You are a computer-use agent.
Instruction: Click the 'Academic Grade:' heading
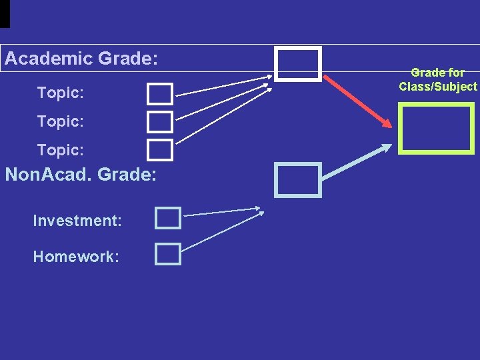(x=81, y=59)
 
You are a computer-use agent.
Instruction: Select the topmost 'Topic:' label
(x=61, y=93)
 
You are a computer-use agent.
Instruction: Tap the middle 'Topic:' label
(x=61, y=122)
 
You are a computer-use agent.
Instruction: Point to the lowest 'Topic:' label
(x=61, y=150)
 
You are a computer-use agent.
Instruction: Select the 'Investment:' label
(x=77, y=221)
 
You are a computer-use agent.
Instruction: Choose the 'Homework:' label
(x=76, y=257)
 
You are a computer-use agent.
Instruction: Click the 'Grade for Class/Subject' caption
(x=438, y=79)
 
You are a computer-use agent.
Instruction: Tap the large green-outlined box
(x=436, y=127)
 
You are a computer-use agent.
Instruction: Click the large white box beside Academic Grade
(x=299, y=64)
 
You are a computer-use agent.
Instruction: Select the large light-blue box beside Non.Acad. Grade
(x=298, y=180)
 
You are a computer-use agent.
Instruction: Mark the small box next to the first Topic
(x=160, y=94)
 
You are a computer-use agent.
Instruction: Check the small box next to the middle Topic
(x=160, y=122)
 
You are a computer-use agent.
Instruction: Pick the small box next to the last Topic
(x=160, y=150)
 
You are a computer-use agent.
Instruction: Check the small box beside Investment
(x=168, y=218)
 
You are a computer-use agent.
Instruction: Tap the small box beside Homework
(x=168, y=254)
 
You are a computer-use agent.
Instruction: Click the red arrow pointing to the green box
(x=357, y=101)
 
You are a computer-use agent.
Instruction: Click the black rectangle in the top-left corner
(x=5, y=13)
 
